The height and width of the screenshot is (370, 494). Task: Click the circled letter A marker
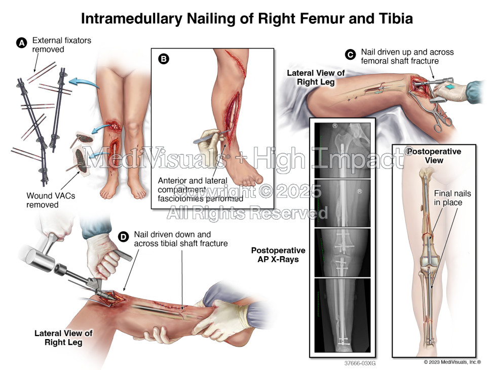22,44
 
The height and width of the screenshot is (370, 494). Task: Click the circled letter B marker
164,59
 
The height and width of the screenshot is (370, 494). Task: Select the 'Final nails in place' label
448,198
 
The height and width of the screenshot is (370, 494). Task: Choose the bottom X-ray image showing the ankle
342,314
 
